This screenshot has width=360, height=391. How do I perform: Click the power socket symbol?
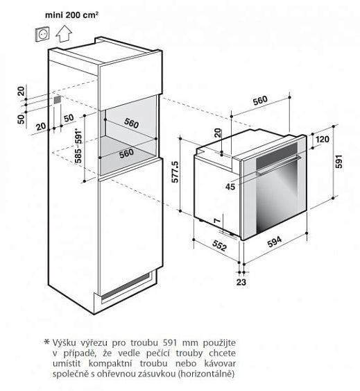pos(42,34)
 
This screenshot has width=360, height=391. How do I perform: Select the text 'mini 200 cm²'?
pos(71,15)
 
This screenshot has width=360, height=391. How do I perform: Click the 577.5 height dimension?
pos(175,172)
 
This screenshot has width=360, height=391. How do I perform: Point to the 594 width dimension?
pos(275,242)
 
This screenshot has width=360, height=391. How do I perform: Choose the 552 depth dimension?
pos(220,245)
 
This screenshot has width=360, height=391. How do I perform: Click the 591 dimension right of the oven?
pos(338,161)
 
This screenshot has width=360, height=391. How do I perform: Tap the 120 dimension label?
pos(323,139)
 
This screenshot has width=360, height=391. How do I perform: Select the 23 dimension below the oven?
pos(241,282)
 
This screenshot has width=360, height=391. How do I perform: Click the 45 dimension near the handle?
pos(230,186)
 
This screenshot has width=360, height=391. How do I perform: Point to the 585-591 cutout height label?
pos(78,146)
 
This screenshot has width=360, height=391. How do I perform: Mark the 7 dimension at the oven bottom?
pos(217,221)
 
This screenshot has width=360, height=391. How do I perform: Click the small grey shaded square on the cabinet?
pos(57,100)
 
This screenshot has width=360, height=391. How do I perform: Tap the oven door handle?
pos(278,165)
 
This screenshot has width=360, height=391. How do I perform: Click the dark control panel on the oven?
pos(277,156)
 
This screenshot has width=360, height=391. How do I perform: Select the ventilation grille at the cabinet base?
pos(126,287)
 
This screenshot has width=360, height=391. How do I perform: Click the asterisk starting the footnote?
pos(46,342)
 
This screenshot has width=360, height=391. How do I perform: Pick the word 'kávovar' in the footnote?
pos(220,363)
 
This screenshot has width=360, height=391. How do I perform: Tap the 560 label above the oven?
pos(260,101)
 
